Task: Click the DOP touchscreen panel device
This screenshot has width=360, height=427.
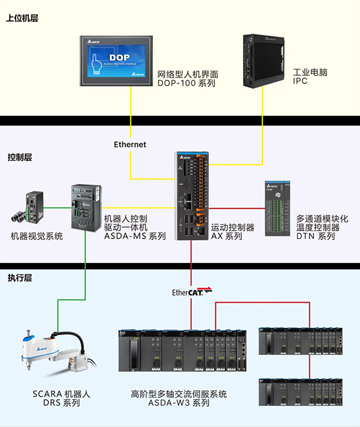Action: coord(116,60)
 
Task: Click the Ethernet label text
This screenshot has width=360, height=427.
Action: coord(130,145)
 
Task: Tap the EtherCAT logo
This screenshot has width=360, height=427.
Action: coord(191,292)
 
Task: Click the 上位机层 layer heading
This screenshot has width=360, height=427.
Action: coord(22,19)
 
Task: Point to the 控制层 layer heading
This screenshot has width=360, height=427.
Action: coord(20,157)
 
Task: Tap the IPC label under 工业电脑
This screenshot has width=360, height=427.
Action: coord(300,81)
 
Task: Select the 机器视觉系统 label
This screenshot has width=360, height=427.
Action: coord(37,237)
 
